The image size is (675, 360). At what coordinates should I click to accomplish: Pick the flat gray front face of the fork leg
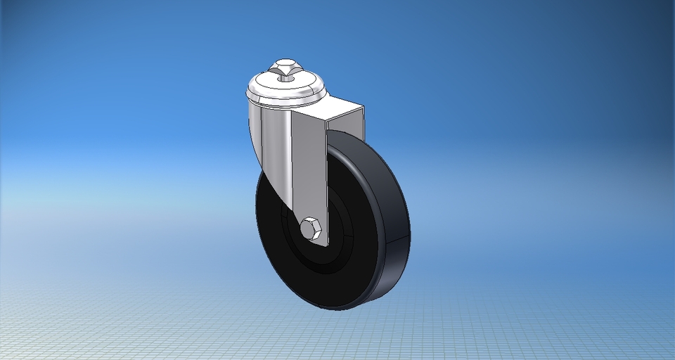coord(309,169)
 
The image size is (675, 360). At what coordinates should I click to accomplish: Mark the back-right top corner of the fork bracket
coord(364,108)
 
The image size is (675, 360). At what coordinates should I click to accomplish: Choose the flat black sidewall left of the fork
coord(271,232)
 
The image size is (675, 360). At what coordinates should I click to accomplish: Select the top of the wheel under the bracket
coord(345,134)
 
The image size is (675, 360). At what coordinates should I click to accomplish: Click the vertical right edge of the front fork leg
coord(327,183)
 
